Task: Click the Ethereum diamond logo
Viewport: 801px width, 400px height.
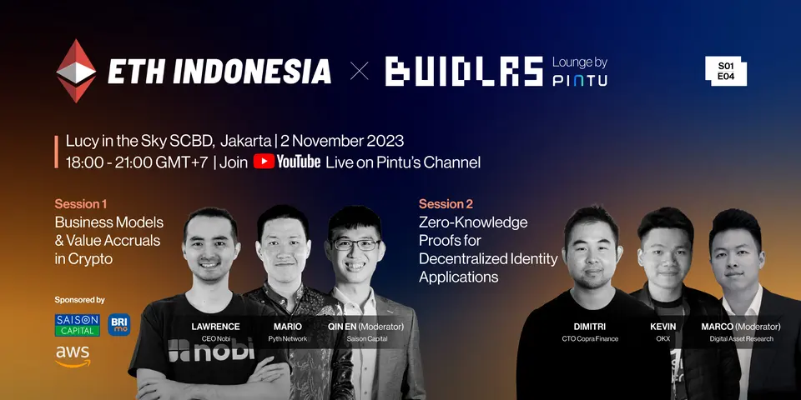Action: (x=76, y=71)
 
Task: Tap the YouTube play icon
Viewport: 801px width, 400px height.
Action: (x=264, y=162)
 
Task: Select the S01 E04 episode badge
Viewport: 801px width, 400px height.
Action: (x=726, y=71)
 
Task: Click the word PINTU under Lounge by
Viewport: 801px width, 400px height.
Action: (x=580, y=80)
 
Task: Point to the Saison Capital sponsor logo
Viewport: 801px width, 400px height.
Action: (x=77, y=325)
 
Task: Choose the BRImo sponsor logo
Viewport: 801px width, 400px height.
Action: (x=119, y=325)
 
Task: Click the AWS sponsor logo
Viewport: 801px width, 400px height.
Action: (x=73, y=356)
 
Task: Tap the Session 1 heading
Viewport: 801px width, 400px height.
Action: (x=81, y=204)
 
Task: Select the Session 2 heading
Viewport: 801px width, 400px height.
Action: (x=446, y=204)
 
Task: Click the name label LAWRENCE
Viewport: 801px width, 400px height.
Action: (x=215, y=327)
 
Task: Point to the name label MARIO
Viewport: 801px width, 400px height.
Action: (x=288, y=327)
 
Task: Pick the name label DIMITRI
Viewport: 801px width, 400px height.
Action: (x=590, y=327)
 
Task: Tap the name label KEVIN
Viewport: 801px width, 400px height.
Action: (x=663, y=327)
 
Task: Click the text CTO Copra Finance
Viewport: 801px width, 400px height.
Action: (x=590, y=339)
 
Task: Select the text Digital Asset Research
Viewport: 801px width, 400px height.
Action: (x=741, y=339)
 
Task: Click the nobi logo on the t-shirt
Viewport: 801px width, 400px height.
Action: (x=211, y=349)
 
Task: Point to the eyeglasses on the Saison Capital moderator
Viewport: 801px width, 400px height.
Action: (x=356, y=244)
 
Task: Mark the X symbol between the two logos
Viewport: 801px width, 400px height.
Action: (x=360, y=72)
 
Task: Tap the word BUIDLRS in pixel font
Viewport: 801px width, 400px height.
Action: (x=464, y=72)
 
